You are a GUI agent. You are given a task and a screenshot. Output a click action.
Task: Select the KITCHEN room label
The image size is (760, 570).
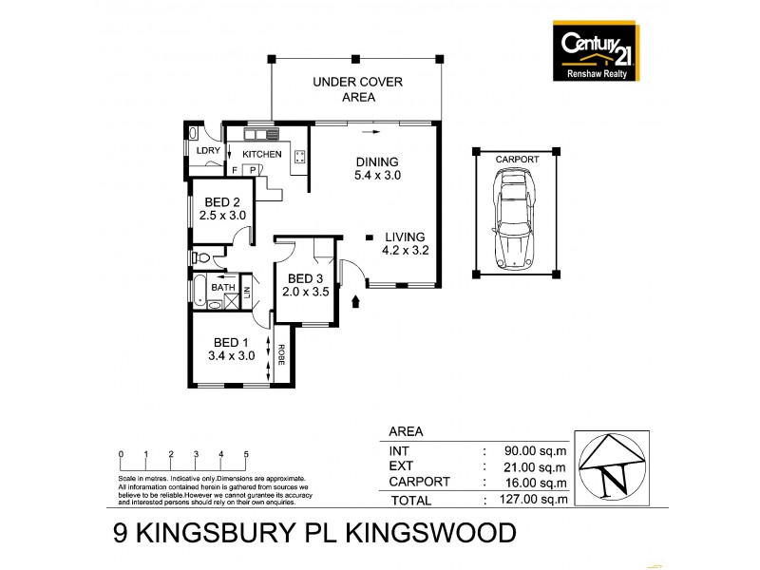[x=262, y=154]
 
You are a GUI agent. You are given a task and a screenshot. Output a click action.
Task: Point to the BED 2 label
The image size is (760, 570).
[x=222, y=202]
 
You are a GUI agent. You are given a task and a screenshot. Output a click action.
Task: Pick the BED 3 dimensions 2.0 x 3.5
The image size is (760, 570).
[x=307, y=292]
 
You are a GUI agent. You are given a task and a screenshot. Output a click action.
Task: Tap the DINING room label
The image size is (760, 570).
[x=376, y=161]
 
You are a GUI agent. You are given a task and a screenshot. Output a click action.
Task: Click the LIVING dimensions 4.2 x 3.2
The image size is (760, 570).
[x=405, y=253]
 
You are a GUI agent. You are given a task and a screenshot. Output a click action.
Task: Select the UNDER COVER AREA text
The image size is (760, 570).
[x=357, y=89]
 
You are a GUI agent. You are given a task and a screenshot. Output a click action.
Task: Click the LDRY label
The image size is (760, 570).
[x=207, y=152]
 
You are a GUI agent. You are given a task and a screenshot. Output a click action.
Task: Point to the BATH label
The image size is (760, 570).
[x=223, y=287]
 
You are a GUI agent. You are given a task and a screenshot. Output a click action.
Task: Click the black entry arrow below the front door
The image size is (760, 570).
[x=357, y=302]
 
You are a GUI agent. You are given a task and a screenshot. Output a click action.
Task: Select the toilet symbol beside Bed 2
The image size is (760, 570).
[x=202, y=256]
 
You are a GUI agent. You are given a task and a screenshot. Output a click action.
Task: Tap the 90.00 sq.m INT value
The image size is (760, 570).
[x=537, y=451]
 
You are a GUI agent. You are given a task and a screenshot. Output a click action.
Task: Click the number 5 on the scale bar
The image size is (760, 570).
[x=246, y=454]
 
